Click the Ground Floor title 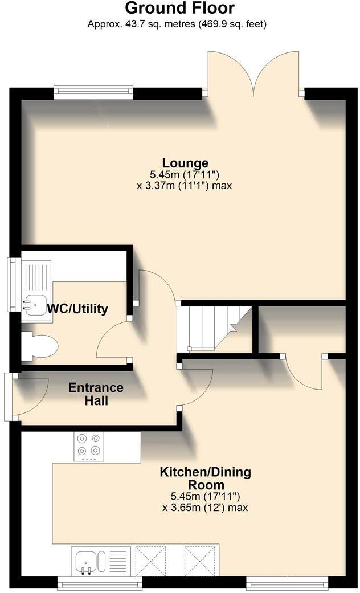pyautogui.click(x=179, y=9)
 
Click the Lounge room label pyautogui.click(x=185, y=163)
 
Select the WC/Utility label pyautogui.click(x=77, y=309)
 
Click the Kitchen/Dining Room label pyautogui.click(x=205, y=478)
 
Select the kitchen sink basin pyautogui.click(x=88, y=561)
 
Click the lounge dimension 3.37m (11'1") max pyautogui.click(x=185, y=186)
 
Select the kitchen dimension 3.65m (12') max pyautogui.click(x=205, y=507)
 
